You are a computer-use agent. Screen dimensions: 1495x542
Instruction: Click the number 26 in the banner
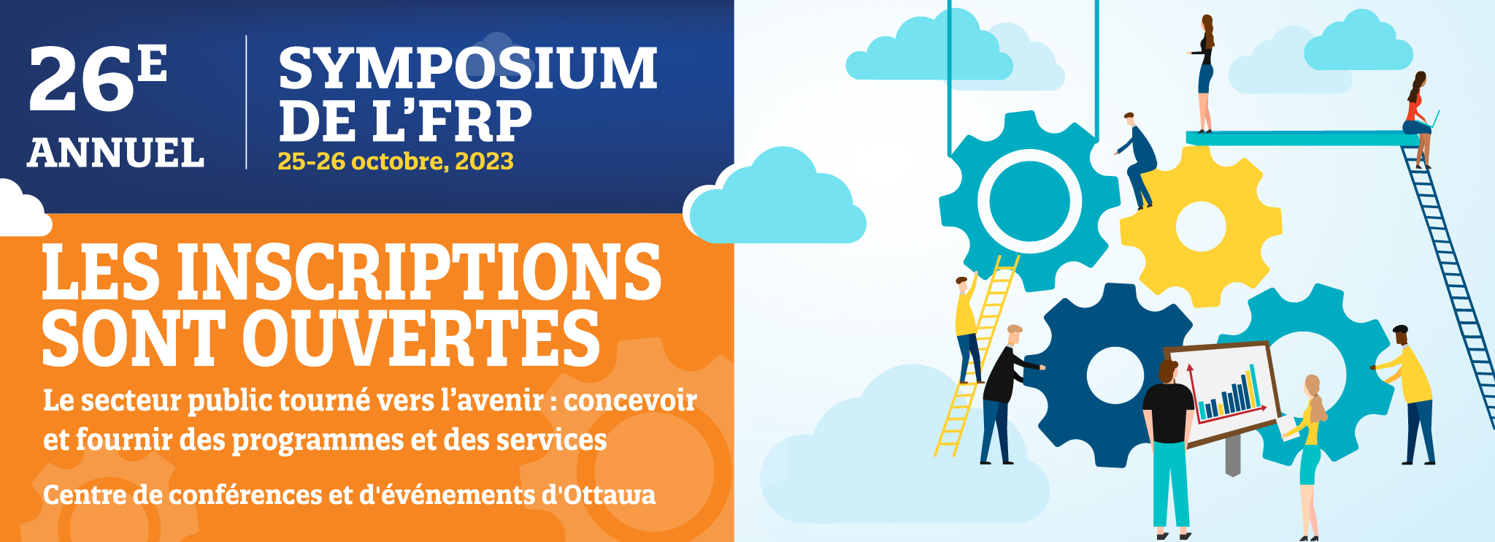coord(82,80)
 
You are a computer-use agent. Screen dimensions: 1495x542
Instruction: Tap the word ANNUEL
coord(116,153)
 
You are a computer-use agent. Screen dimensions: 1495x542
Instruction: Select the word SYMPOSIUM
coord(468,68)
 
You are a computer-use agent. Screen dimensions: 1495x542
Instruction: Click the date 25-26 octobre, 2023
coord(396,161)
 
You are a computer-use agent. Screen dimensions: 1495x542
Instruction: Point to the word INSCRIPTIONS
coord(420,272)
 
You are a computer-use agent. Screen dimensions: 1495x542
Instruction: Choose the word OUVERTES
coord(421,337)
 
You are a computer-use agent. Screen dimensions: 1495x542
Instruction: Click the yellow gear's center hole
coord(1201,226)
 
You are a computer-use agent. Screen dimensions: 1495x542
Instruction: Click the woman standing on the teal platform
coord(1205,74)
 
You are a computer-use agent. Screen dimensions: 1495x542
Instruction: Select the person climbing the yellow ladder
coord(968,329)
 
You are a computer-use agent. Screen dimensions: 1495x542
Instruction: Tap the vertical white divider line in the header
coord(246,102)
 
